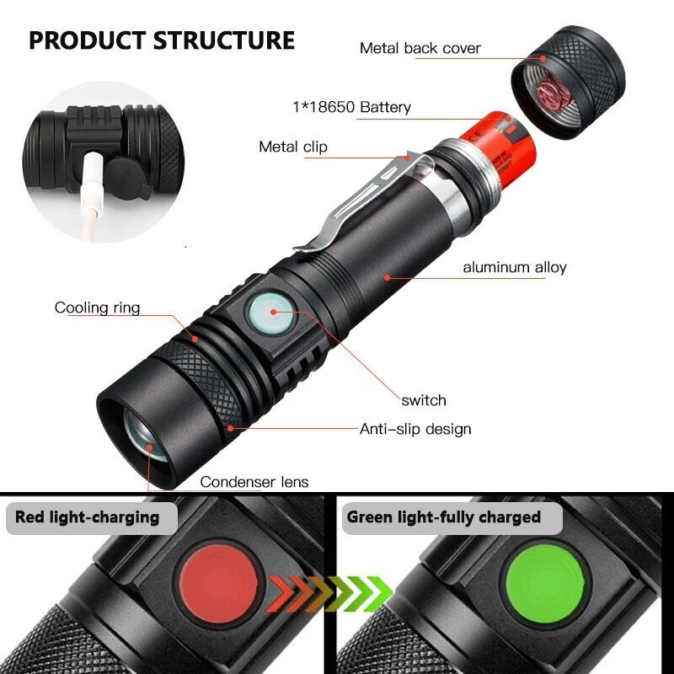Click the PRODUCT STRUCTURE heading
point(162,40)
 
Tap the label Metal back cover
point(420,48)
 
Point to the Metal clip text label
point(292,147)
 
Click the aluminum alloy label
point(514,268)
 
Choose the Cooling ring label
point(97,308)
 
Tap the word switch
point(424,400)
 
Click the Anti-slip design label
point(415,429)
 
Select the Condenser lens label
point(254,482)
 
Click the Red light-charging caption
point(88,517)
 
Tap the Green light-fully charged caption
point(444,517)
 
